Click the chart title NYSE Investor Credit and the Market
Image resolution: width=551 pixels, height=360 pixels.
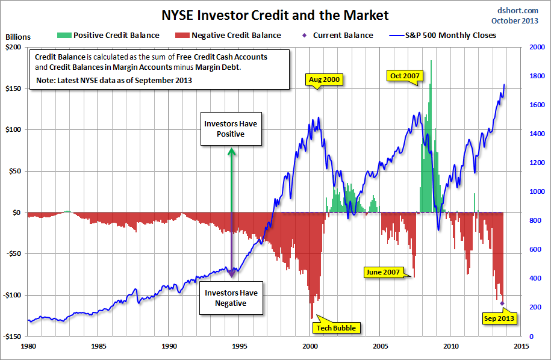click(x=275, y=15)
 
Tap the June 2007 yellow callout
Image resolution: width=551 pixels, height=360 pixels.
click(x=383, y=272)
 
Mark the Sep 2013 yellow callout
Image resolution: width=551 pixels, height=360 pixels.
click(x=500, y=318)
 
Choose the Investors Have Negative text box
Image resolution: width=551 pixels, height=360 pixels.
click(x=232, y=298)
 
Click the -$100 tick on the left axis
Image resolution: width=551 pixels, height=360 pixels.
click(x=11, y=295)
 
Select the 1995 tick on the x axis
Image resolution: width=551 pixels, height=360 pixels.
click(x=240, y=346)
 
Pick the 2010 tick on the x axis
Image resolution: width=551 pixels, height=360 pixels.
click(x=451, y=346)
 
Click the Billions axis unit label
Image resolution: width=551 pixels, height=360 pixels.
click(x=17, y=37)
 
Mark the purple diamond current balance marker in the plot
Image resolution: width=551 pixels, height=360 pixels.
click(x=502, y=303)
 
